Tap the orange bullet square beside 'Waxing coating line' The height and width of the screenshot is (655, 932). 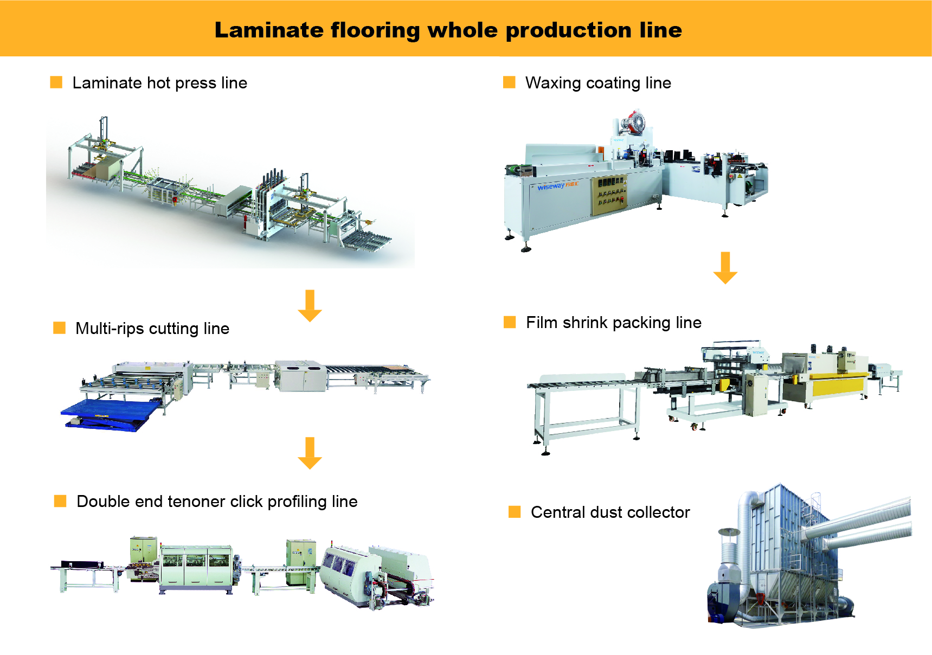point(509,82)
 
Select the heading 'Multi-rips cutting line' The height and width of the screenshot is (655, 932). point(152,329)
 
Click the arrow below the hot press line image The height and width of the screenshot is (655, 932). point(310,306)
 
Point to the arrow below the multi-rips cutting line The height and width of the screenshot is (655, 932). point(310,453)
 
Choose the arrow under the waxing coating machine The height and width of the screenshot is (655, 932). point(725,268)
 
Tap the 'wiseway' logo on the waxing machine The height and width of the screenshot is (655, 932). point(551,187)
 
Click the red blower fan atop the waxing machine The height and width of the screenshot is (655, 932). point(633,122)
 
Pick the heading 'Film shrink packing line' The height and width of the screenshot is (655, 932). point(613,323)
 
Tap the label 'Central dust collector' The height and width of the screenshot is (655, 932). point(610,512)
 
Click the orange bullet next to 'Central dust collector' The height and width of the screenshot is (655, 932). point(515,512)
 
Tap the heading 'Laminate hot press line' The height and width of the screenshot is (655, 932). point(159,83)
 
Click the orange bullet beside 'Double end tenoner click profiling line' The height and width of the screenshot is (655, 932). point(60,501)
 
